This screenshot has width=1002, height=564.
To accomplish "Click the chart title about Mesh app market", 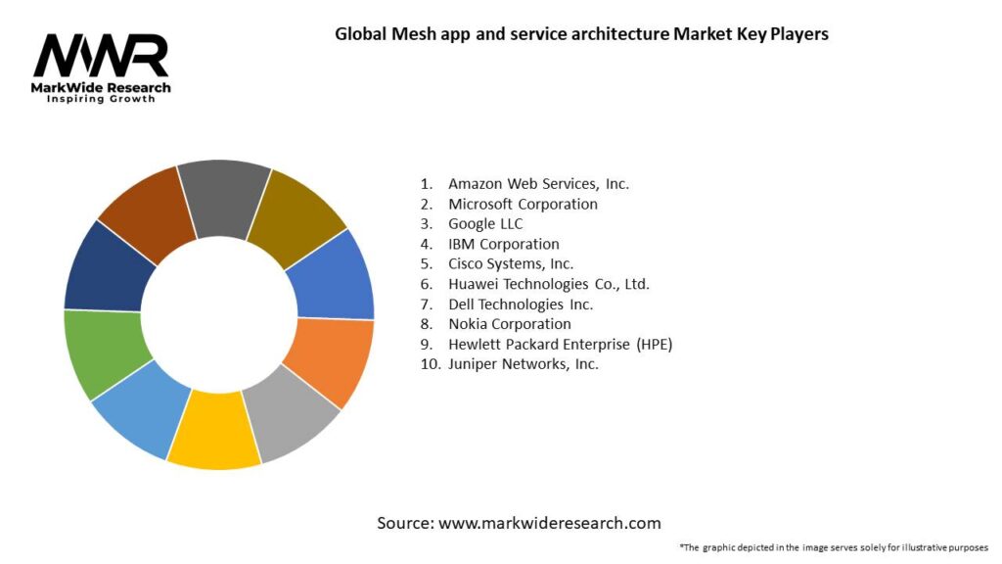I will point(581,34).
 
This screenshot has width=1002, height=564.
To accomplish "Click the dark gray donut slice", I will point(224,196).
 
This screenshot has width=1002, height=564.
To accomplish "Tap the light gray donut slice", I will point(290,416).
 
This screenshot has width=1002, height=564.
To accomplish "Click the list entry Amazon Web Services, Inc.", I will point(538,183).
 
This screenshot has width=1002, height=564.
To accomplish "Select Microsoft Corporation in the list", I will point(523,204).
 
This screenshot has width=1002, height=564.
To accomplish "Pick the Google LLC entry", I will point(485,224).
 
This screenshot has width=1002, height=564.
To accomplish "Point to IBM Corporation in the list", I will point(503,244).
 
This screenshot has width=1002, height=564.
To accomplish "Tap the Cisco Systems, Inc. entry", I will point(511,263).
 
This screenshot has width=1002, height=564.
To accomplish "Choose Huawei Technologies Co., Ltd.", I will point(548,284).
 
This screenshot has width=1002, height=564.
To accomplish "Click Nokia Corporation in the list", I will point(509,324).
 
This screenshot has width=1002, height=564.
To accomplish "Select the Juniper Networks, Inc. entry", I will point(523,364).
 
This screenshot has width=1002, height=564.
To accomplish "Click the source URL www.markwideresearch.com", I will point(549,523).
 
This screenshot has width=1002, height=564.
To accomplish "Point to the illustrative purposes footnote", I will point(833,547).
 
